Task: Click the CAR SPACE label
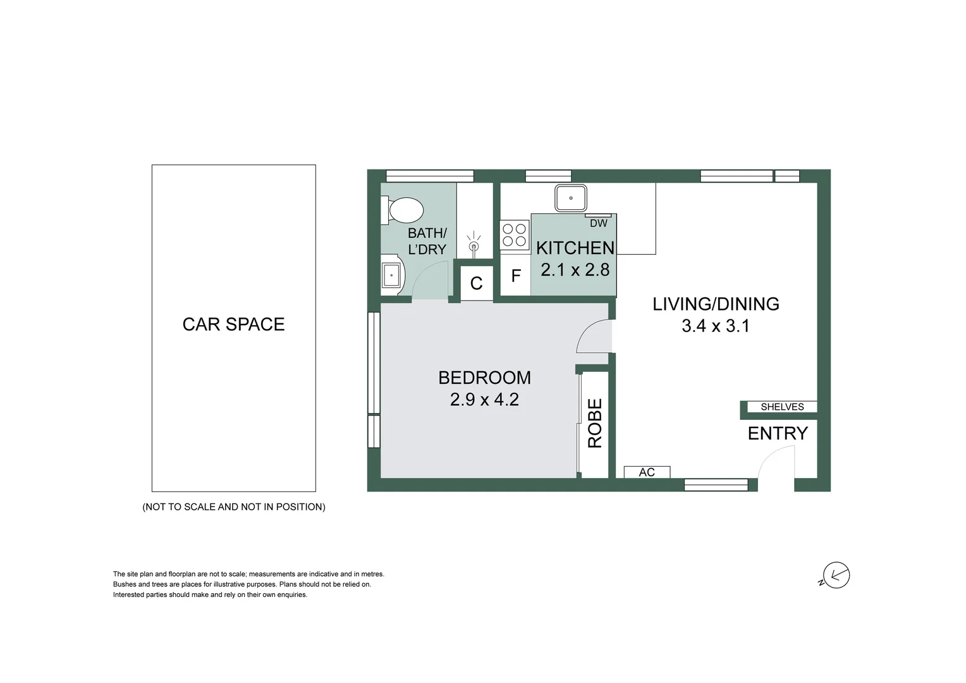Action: click(233, 324)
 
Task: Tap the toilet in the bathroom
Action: click(403, 210)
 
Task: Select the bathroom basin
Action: click(391, 275)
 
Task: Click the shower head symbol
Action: click(474, 245)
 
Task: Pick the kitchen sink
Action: click(570, 198)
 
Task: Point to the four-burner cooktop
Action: click(515, 235)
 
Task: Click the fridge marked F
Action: click(516, 276)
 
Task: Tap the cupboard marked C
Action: click(476, 283)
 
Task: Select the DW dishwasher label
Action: click(598, 223)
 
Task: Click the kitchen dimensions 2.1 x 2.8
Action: click(575, 270)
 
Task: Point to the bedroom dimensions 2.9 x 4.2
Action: click(484, 400)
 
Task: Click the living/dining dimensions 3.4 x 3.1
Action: click(715, 326)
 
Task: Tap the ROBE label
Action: click(595, 423)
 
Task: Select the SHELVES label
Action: click(782, 407)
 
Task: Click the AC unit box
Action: click(647, 472)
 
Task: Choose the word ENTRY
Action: click(778, 433)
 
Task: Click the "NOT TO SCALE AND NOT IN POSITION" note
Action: click(234, 507)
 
